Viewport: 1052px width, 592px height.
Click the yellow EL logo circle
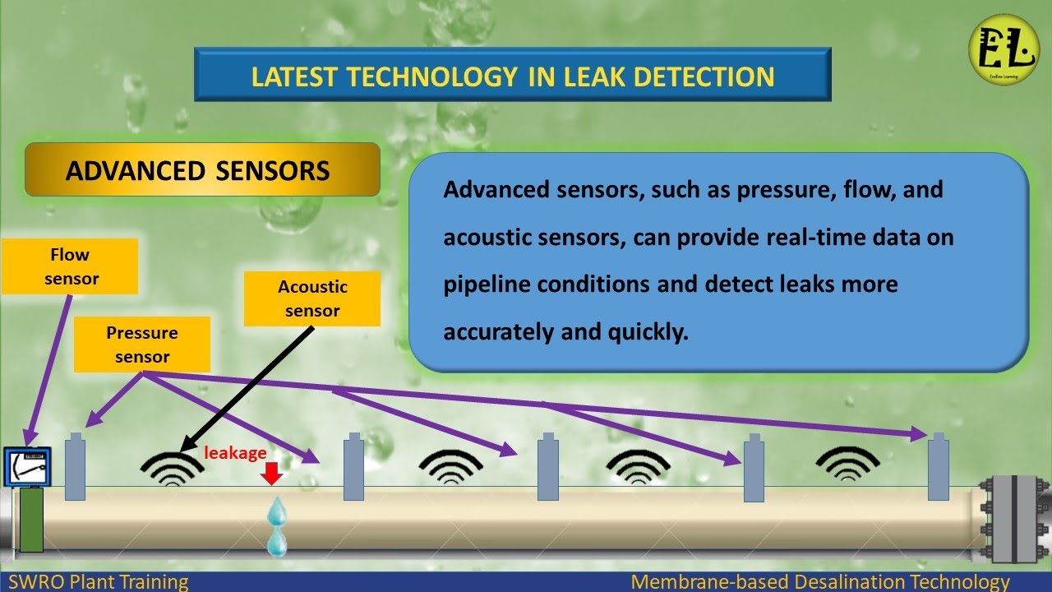click(x=1004, y=49)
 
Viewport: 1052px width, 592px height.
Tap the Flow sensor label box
click(x=69, y=267)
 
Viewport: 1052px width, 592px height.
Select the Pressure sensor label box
click(x=142, y=345)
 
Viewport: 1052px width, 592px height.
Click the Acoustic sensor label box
click(x=312, y=298)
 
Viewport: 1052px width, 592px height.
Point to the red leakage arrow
click(x=271, y=474)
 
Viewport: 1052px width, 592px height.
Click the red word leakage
click(x=235, y=453)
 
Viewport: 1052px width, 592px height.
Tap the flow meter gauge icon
click(x=27, y=467)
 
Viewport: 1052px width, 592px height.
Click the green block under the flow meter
click(x=31, y=520)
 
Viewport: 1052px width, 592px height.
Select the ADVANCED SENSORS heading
click(x=198, y=170)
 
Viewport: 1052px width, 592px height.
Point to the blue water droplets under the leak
click(x=277, y=526)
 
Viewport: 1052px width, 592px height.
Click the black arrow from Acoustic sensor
click(x=247, y=386)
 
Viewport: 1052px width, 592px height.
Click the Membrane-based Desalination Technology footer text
click(x=819, y=582)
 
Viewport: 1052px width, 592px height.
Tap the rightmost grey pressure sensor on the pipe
click(x=939, y=469)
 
